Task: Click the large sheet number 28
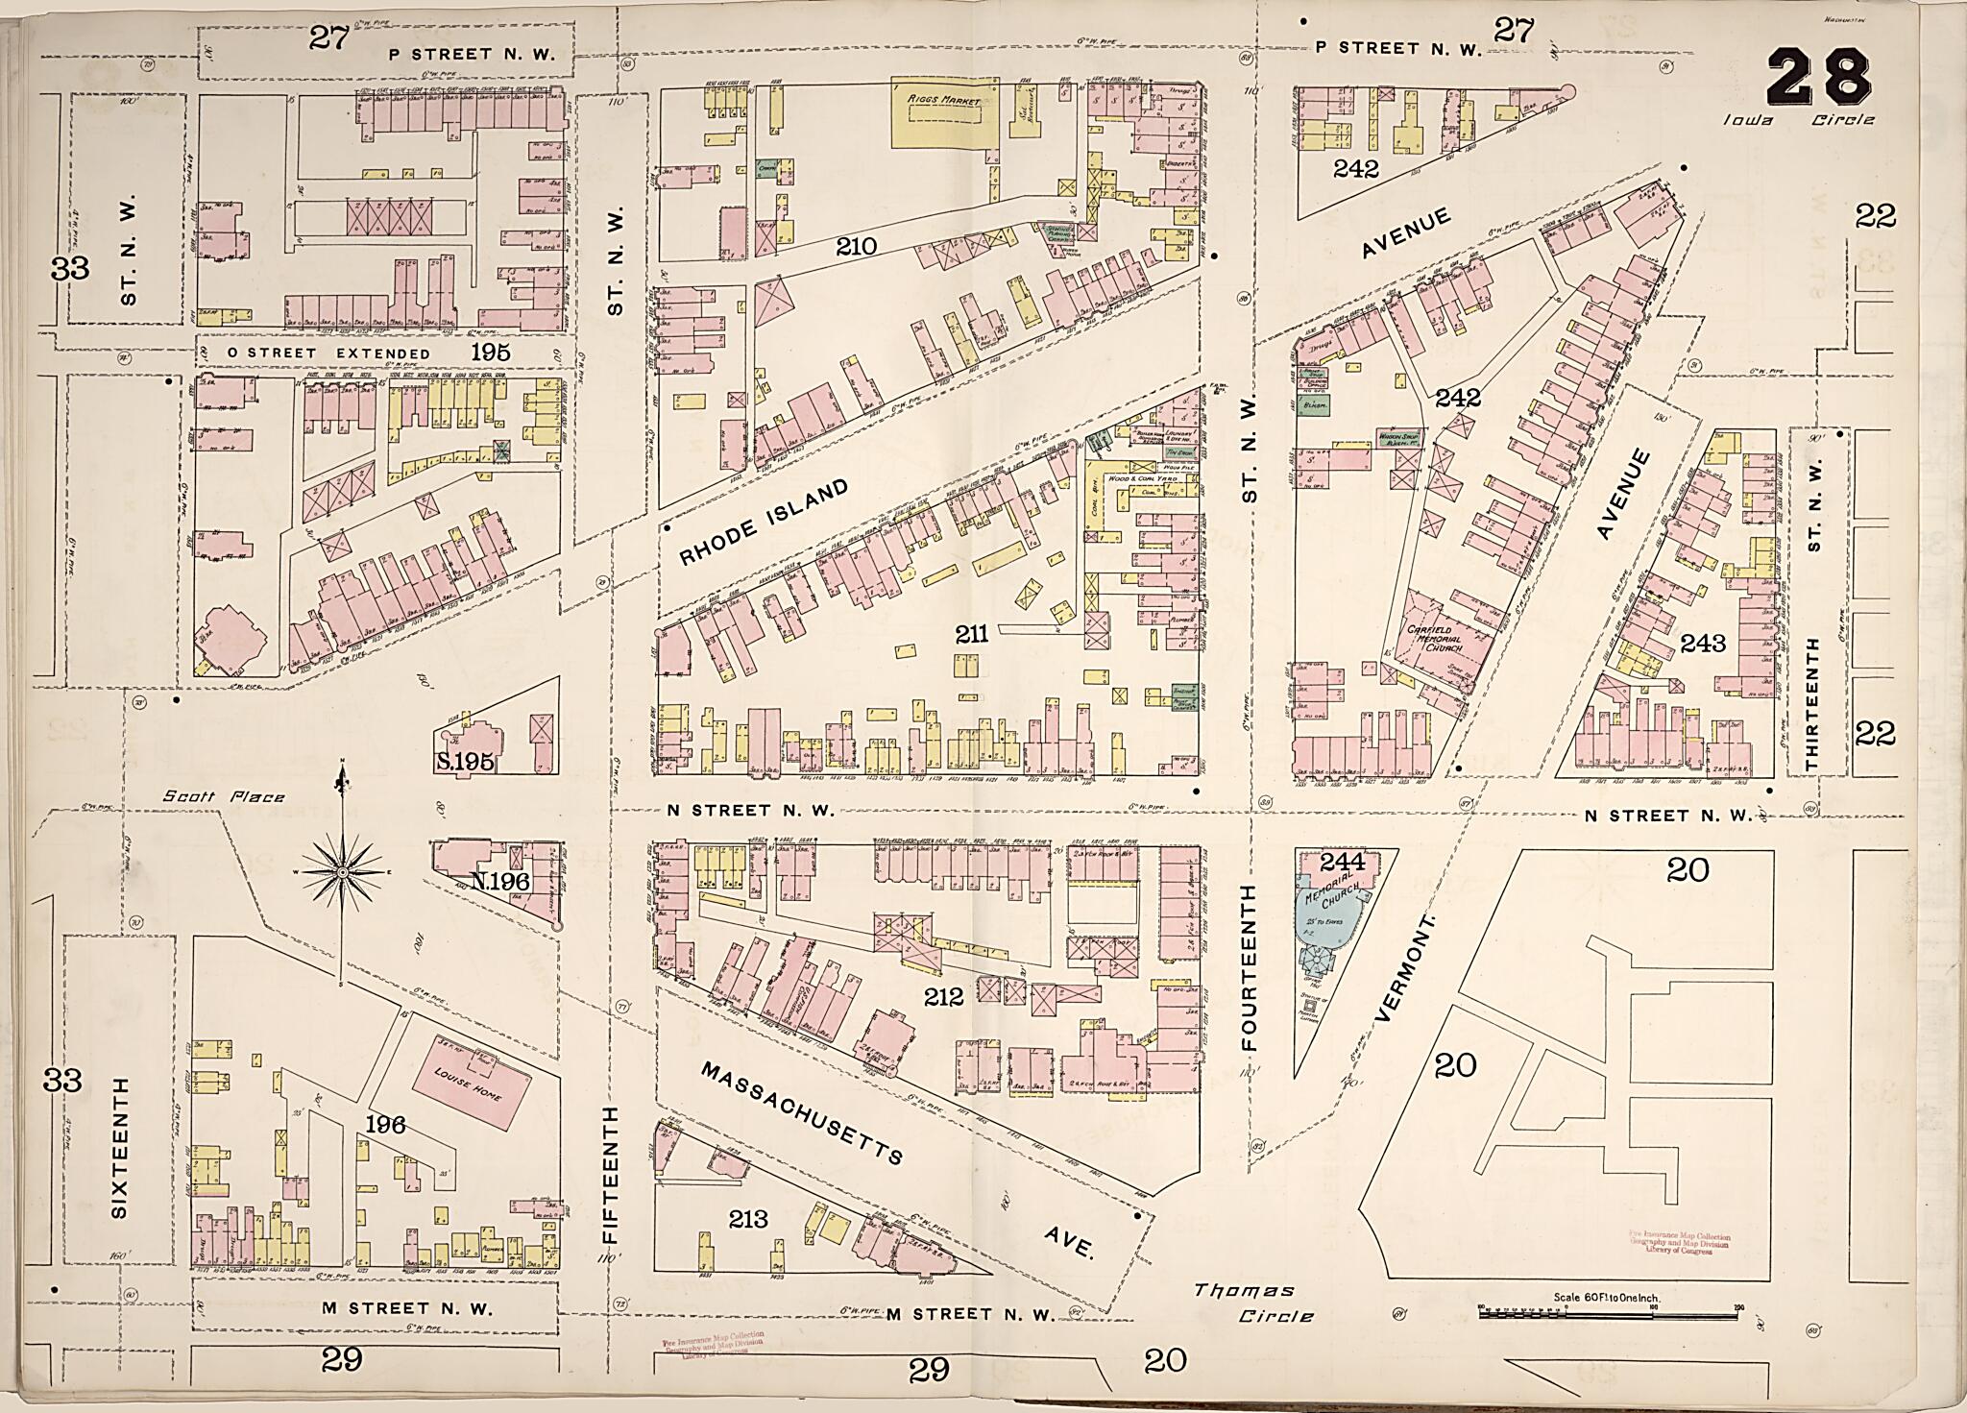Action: tap(1818, 79)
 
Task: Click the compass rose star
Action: tap(342, 872)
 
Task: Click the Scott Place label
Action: tap(223, 796)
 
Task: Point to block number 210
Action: tap(856, 246)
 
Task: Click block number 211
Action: tap(971, 633)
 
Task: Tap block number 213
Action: tap(748, 1219)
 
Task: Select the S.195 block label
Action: tap(465, 762)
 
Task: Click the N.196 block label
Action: tap(500, 879)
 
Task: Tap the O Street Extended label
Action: tap(328, 353)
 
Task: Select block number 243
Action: tap(1702, 643)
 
